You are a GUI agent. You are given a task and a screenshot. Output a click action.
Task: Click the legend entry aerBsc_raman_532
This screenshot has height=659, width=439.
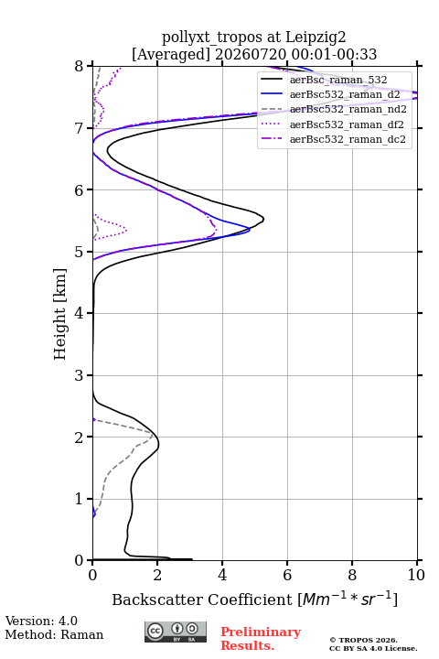click(324, 80)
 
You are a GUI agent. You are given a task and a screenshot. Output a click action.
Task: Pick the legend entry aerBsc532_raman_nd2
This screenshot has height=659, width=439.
click(334, 109)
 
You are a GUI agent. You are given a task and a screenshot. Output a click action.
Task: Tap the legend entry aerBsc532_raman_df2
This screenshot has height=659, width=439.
click(332, 124)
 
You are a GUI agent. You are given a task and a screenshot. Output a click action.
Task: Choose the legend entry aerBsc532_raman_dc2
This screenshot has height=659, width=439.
click(333, 139)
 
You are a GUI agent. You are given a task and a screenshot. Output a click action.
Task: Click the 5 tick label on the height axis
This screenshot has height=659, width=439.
click(79, 253)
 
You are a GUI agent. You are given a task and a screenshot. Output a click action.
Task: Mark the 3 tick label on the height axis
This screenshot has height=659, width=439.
click(79, 375)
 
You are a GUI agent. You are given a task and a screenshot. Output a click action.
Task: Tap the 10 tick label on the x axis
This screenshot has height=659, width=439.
click(416, 575)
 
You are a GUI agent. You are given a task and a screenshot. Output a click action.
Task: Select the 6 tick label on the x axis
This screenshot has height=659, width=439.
click(287, 575)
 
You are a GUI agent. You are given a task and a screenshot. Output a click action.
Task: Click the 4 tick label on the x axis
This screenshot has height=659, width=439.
click(222, 575)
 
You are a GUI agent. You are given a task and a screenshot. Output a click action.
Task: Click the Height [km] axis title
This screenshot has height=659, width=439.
click(60, 314)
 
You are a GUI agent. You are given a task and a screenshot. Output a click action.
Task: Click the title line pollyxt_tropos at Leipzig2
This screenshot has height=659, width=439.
click(254, 38)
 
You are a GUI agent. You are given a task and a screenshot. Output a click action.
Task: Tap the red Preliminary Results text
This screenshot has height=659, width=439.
click(261, 639)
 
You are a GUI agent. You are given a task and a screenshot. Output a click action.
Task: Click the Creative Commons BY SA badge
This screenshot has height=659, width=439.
click(176, 632)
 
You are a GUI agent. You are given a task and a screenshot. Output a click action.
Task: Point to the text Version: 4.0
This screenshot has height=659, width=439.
click(41, 621)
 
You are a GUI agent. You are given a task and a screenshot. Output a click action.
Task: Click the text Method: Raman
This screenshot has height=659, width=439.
click(54, 634)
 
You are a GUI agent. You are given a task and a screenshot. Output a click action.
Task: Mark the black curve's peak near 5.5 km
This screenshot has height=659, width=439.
click(263, 219)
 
